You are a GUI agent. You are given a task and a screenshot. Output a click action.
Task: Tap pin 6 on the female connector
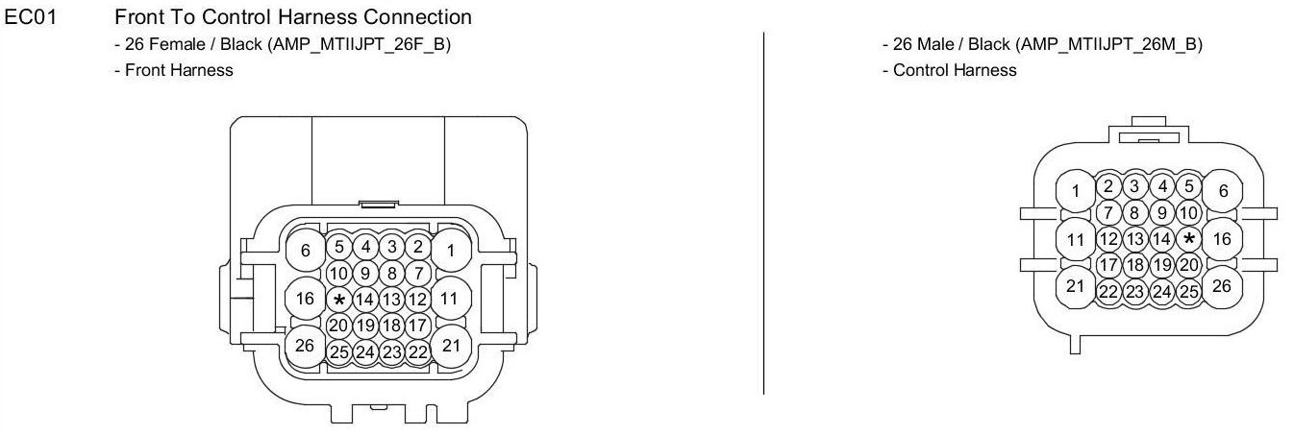[306, 251]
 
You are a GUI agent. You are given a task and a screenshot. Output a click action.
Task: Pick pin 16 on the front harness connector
[306, 299]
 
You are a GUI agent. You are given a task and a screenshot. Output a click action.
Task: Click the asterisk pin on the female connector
[338, 300]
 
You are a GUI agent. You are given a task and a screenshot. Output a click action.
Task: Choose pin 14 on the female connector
[364, 300]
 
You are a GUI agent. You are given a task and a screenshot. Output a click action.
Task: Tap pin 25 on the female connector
[338, 352]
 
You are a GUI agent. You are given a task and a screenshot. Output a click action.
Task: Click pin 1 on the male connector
[1075, 192]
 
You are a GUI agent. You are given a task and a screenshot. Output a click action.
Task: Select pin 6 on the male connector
[1223, 191]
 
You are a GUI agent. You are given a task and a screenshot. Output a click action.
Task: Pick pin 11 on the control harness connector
[1075, 238]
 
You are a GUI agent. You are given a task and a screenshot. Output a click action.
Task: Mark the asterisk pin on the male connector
[1190, 239]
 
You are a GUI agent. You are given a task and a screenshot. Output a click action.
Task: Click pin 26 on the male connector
[1223, 285]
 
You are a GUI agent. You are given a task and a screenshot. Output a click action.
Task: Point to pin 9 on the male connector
[1162, 212]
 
